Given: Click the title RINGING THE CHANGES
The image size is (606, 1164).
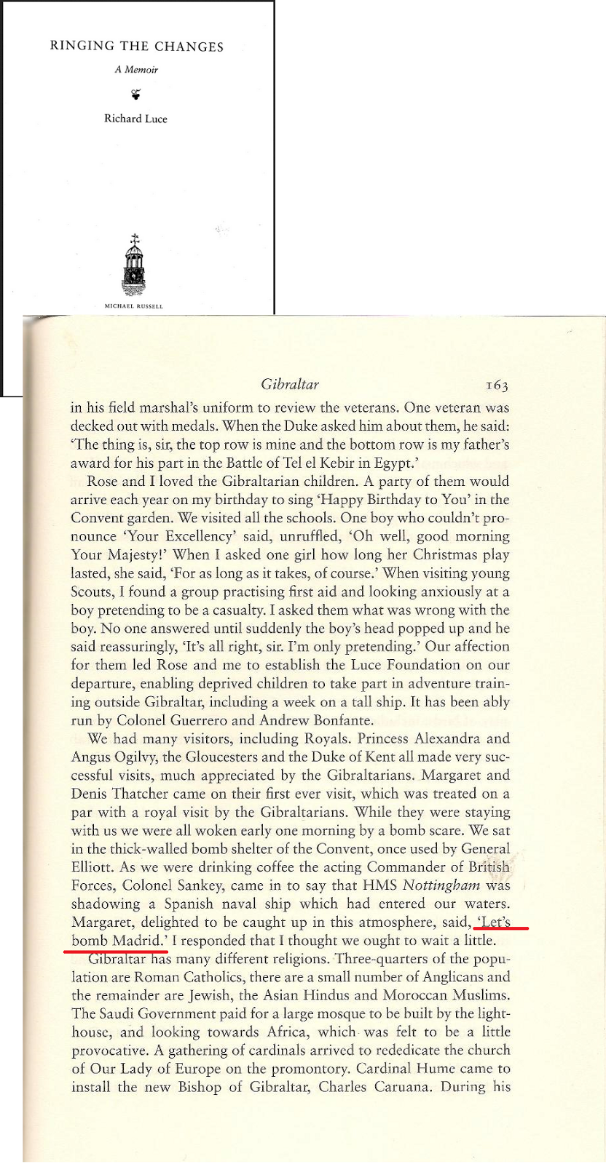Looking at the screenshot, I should click(136, 47).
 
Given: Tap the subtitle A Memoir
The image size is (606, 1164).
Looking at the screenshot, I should click(136, 70).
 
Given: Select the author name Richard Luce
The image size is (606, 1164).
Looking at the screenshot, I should click(135, 119).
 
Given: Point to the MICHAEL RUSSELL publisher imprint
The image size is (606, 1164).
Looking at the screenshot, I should click(134, 306).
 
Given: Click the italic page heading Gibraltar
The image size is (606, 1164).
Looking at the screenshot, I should click(289, 384).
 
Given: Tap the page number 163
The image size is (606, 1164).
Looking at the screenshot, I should click(496, 385).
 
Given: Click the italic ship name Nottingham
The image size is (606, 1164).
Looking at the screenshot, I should click(441, 885).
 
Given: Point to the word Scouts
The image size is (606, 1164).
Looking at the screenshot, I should click(91, 591).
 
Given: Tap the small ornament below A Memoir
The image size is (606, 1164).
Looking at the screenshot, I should click(135, 93).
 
